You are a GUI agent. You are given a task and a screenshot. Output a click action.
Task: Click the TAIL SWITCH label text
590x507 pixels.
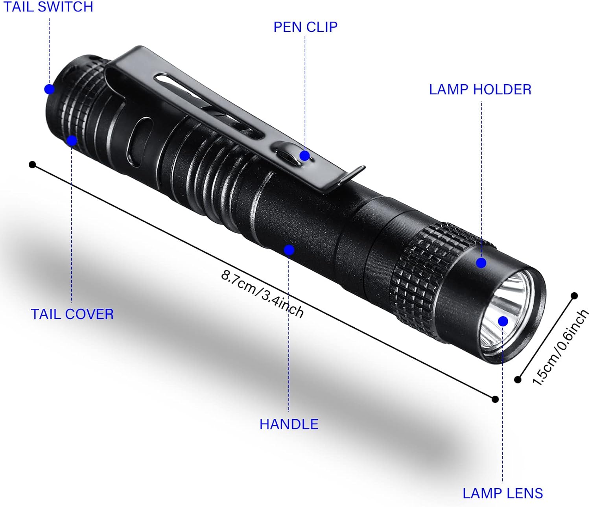click(x=48, y=7)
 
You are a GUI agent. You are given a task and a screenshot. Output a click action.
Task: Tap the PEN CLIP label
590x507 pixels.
click(x=305, y=27)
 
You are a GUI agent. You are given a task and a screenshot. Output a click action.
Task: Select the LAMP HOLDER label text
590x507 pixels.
click(x=480, y=89)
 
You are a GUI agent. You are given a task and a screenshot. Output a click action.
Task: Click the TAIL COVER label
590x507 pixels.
click(x=72, y=314)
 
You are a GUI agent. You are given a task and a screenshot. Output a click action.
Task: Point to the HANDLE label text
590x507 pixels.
click(x=289, y=424)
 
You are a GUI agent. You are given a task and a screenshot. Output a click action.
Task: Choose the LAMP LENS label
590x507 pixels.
click(x=502, y=493)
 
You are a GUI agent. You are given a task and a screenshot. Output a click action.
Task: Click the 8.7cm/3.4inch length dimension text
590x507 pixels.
click(x=262, y=293)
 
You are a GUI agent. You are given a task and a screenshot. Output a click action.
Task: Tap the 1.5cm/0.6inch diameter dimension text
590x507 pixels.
click(x=560, y=347)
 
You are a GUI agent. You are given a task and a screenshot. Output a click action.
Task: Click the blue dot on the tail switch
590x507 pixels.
click(x=49, y=89)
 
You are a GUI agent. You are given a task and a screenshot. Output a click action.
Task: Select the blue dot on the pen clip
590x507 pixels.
click(x=304, y=156)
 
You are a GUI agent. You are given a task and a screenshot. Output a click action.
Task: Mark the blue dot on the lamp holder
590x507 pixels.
click(x=481, y=263)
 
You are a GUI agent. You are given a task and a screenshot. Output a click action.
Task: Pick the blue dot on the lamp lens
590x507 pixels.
click(x=503, y=321)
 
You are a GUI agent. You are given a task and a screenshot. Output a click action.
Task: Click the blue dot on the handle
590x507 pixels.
click(x=289, y=250)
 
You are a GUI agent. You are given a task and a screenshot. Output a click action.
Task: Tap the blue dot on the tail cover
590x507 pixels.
click(x=72, y=141)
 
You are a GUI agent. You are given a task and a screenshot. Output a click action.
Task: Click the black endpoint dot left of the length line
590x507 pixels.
click(x=32, y=164)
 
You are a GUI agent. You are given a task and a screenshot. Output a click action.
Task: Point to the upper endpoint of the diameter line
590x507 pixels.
click(x=574, y=296)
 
